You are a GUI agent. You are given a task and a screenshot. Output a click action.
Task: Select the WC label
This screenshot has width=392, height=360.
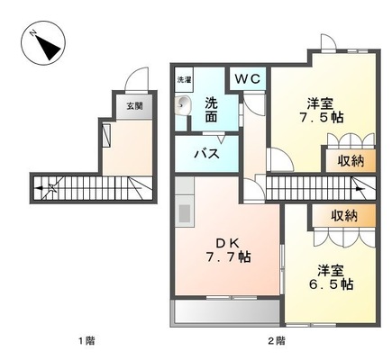pos(248,79)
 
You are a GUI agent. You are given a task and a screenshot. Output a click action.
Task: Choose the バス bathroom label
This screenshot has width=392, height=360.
pos(208,153)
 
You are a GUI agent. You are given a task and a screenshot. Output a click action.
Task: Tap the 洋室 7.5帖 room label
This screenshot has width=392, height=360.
pos(312,110)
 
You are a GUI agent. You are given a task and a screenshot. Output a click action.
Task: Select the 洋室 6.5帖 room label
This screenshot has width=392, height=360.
pos(334,275)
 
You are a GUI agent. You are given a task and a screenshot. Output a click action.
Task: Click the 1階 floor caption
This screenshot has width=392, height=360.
pos(87,340)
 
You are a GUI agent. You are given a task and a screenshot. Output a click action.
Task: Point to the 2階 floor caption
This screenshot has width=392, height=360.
pos(276,340)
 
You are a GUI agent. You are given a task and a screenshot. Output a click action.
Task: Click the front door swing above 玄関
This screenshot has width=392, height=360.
pos(136,78)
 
